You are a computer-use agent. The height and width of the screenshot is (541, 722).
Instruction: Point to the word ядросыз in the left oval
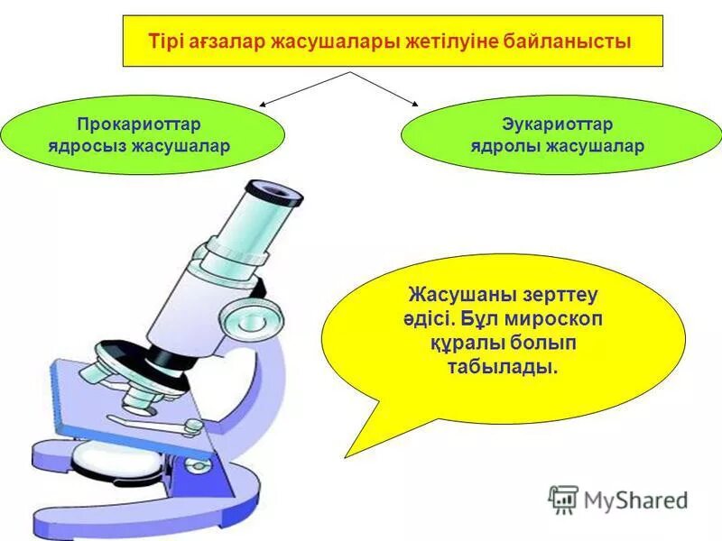pyautogui.click(x=84, y=145)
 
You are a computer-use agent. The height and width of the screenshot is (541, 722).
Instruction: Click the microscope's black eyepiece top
pyautogui.click(x=275, y=190)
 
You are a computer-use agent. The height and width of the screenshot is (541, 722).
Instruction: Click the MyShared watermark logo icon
pyautogui.click(x=563, y=499)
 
